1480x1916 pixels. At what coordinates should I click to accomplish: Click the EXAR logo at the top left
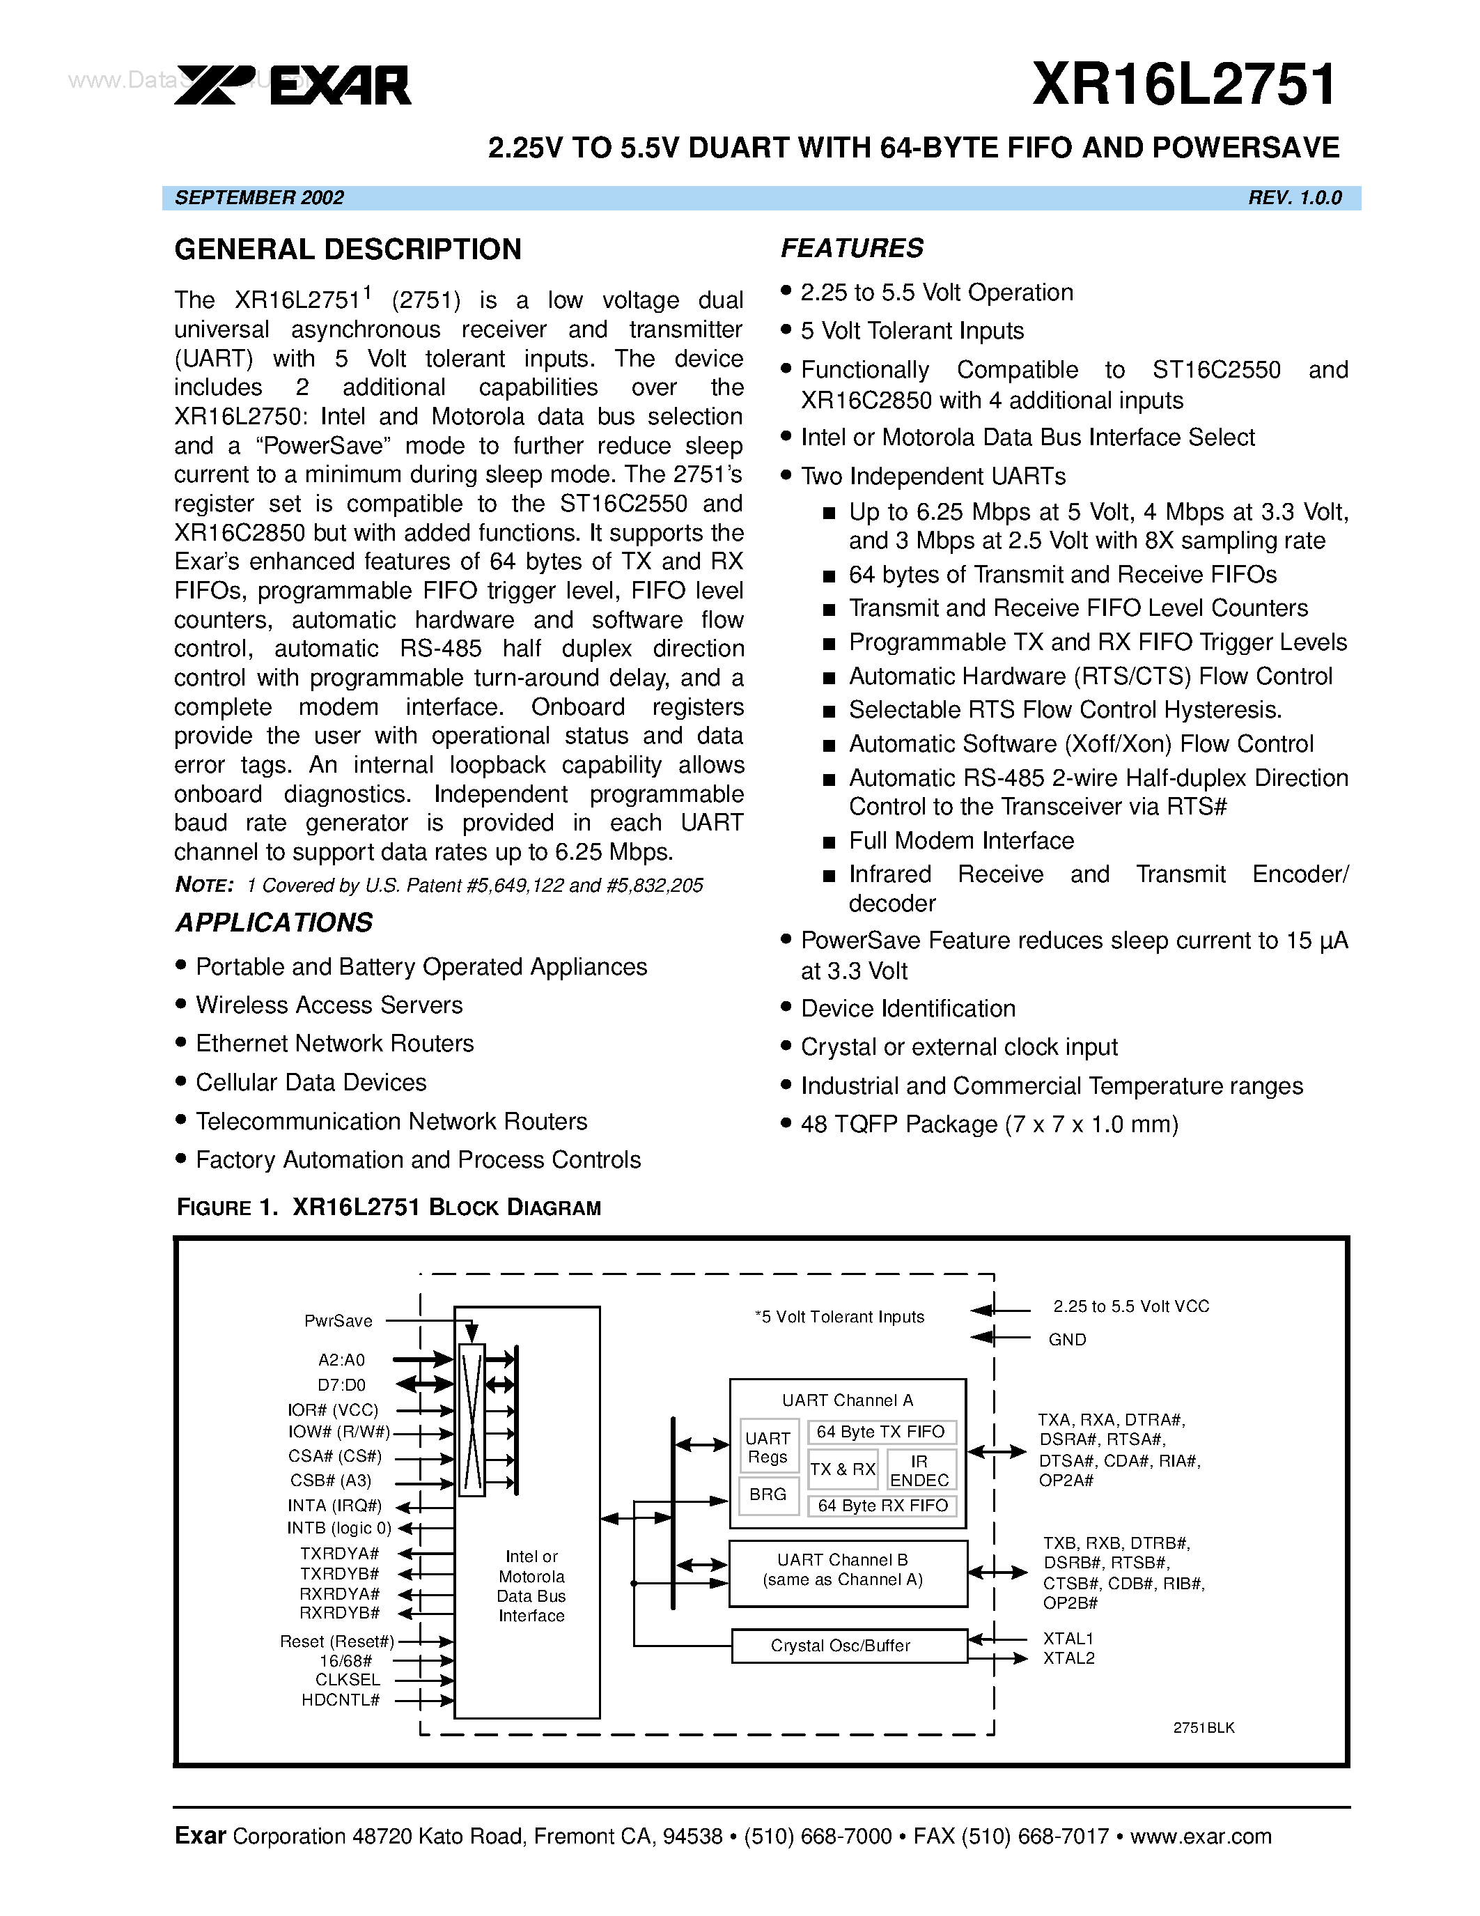pyautogui.click(x=293, y=85)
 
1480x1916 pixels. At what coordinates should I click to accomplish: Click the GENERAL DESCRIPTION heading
pyautogui.click(x=348, y=250)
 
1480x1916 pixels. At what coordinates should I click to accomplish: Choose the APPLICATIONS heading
pyautogui.click(x=274, y=923)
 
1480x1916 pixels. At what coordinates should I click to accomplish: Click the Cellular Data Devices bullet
pyautogui.click(x=311, y=1083)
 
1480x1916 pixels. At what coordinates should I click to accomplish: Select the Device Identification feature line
pyautogui.click(x=908, y=1009)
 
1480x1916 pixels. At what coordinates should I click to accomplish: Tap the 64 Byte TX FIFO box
pyautogui.click(x=880, y=1432)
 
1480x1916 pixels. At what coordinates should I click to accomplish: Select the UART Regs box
pyautogui.click(x=768, y=1448)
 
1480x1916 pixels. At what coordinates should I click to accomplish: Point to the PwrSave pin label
pyautogui.click(x=338, y=1321)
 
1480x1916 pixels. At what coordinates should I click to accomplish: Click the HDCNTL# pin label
pyautogui.click(x=341, y=1700)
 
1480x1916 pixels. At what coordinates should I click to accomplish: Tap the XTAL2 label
pyautogui.click(x=1069, y=1658)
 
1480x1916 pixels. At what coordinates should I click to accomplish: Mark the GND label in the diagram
pyautogui.click(x=1067, y=1340)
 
